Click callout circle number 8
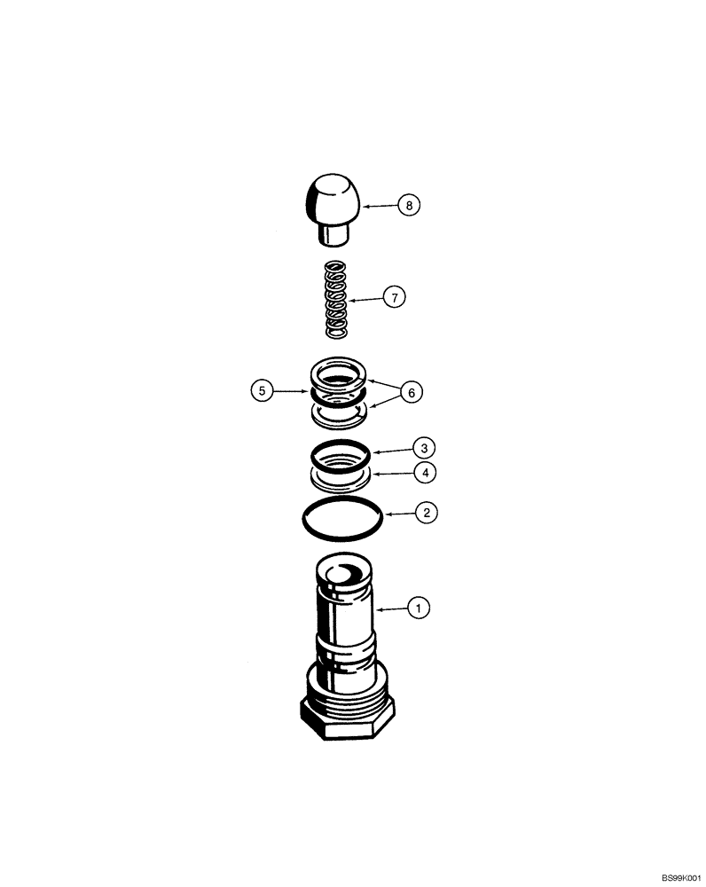point(409,206)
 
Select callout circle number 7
point(394,297)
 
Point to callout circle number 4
point(427,474)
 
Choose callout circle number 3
point(427,447)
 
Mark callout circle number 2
point(427,512)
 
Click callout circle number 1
point(418,608)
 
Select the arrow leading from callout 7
point(365,299)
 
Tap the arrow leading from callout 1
point(390,609)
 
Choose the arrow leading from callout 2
point(397,513)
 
